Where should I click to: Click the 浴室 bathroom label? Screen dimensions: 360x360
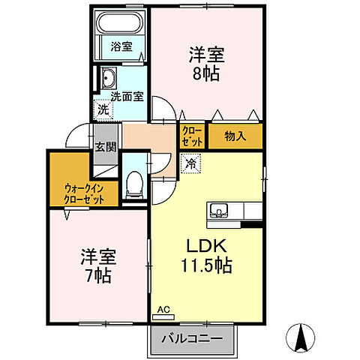tap(121, 46)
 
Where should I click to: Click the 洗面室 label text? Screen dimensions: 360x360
tap(127, 96)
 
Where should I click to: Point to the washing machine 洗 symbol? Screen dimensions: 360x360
tap(103, 110)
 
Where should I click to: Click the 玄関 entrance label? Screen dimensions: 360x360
tap(105, 147)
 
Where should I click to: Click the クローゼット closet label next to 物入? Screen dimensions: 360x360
tap(190, 136)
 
